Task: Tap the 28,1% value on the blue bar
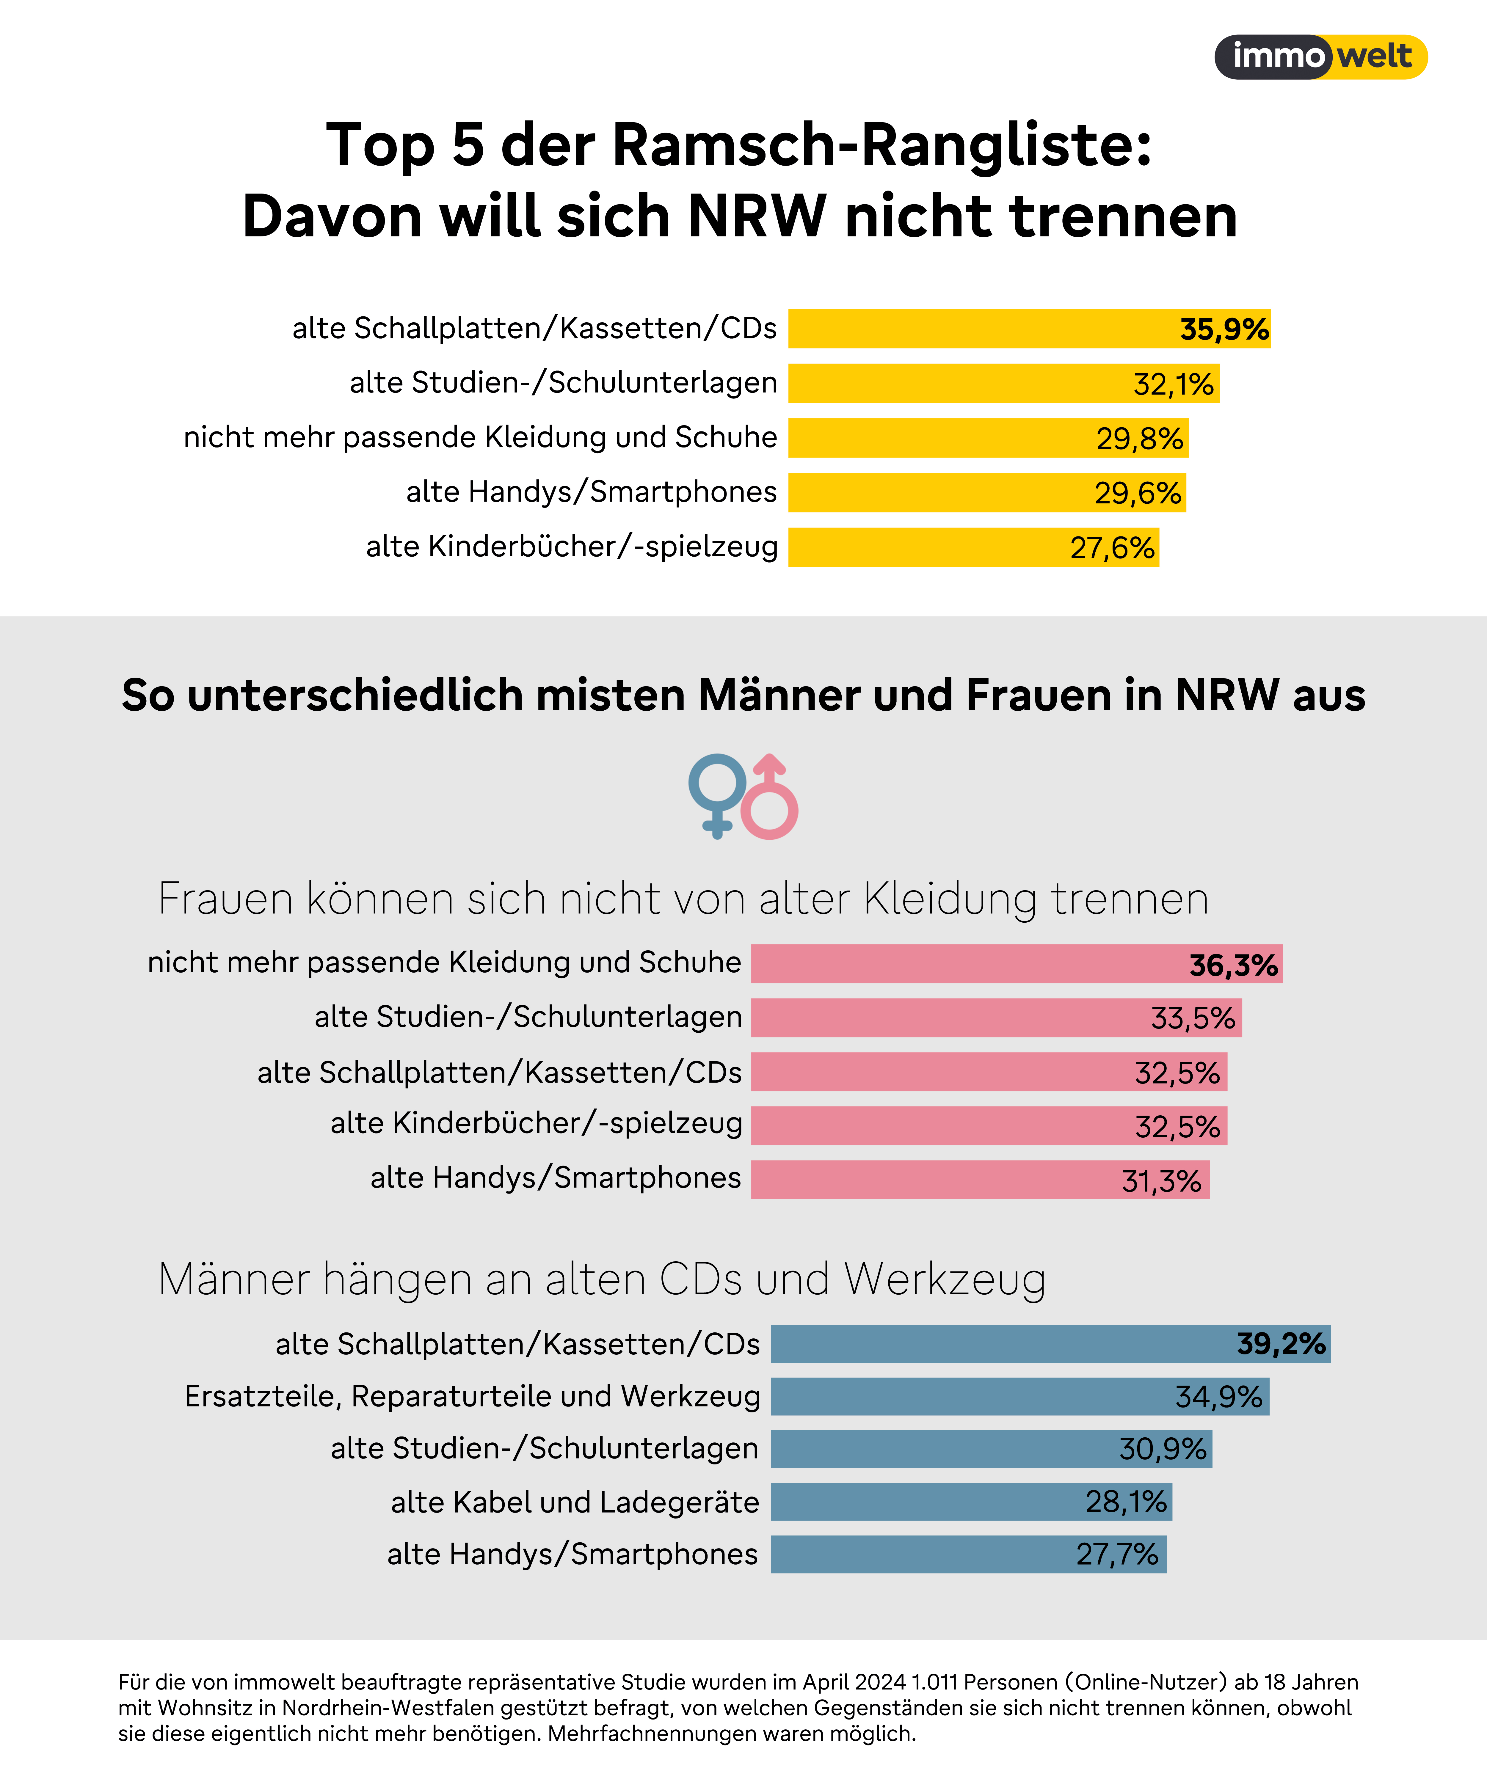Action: coord(1125,1502)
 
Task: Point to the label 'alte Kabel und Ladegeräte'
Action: coord(575,1502)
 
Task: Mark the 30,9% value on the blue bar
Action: coord(1162,1450)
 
